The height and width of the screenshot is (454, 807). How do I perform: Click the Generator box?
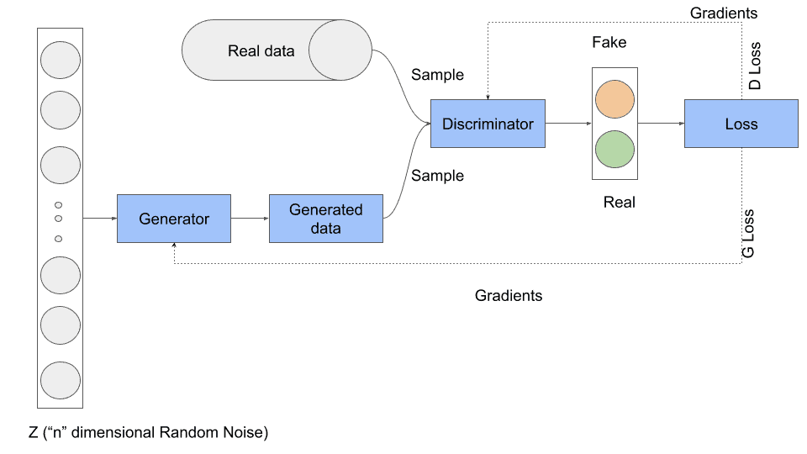pyautogui.click(x=174, y=219)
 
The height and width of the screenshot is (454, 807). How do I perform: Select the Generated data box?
pyautogui.click(x=325, y=219)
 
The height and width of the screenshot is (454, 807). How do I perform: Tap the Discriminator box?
pyautogui.click(x=488, y=124)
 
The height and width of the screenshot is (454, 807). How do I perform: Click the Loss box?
pyautogui.click(x=741, y=124)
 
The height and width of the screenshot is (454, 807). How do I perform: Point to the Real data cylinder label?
pyautogui.click(x=261, y=50)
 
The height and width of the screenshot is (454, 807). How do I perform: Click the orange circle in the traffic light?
pyautogui.click(x=614, y=99)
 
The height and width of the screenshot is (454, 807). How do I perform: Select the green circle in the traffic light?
pyautogui.click(x=614, y=149)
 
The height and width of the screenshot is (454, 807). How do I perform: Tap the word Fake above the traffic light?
pyautogui.click(x=609, y=42)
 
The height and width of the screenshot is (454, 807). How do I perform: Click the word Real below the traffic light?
pyautogui.click(x=620, y=202)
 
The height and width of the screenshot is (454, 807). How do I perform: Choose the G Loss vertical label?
pyautogui.click(x=748, y=234)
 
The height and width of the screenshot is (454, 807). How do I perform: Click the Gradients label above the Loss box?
pyautogui.click(x=723, y=13)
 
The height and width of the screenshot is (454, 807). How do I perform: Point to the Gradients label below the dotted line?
pyautogui.click(x=509, y=295)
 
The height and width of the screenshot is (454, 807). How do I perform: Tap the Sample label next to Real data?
pyautogui.click(x=437, y=75)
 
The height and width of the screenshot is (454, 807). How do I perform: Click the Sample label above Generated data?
pyautogui.click(x=437, y=176)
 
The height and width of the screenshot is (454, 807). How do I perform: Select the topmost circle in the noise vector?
pyautogui.click(x=59, y=60)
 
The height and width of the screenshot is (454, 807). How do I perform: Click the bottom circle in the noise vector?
pyautogui.click(x=59, y=379)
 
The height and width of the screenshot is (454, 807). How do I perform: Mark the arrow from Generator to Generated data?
pyautogui.click(x=250, y=219)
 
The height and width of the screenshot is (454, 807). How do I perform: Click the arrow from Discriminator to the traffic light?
pyautogui.click(x=568, y=124)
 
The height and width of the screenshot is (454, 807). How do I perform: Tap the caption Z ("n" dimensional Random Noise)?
pyautogui.click(x=148, y=433)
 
